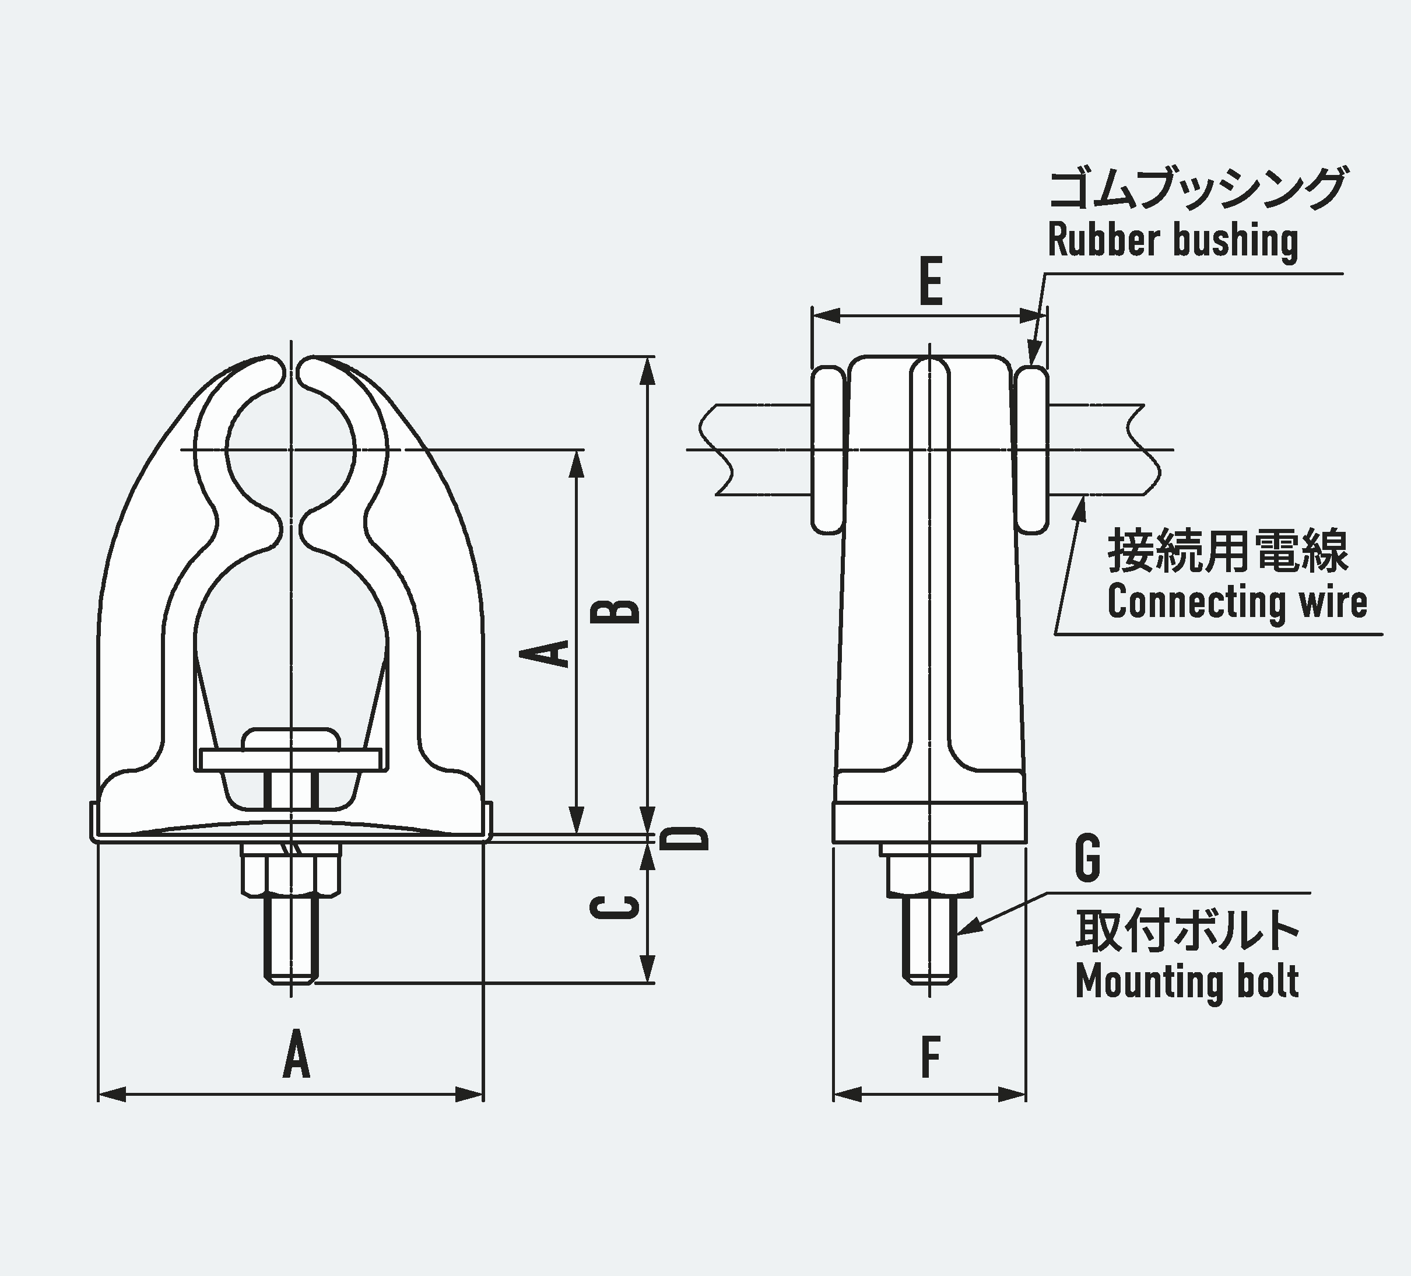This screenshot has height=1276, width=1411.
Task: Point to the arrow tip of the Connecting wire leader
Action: (1083, 496)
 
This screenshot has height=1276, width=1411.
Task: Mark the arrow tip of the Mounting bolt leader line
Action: (957, 934)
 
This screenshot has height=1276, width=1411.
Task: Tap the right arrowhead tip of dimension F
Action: (1026, 1094)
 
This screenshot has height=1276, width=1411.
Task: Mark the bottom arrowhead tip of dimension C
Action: (648, 983)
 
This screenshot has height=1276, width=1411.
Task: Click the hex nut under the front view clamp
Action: (291, 871)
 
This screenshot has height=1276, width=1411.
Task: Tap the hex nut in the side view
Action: (930, 872)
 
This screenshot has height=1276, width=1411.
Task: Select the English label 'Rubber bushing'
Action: (1173, 240)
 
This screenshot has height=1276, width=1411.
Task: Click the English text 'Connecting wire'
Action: (1237, 602)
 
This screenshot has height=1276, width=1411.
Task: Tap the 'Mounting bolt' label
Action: (1187, 981)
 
